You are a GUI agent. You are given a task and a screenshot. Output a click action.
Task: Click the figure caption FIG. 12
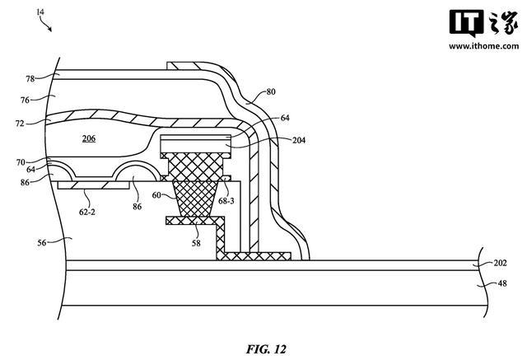point(266,349)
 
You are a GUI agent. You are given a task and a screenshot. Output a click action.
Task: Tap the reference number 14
point(40,12)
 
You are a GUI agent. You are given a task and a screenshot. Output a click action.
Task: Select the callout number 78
point(30,78)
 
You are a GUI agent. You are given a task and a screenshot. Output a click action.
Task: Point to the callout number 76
point(25,100)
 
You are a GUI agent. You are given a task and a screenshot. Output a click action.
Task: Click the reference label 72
point(20,124)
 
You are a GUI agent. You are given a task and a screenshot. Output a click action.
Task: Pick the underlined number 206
point(89,138)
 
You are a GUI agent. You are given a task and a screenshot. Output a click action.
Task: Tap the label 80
point(271,91)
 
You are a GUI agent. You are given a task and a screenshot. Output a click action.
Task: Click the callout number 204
point(299,140)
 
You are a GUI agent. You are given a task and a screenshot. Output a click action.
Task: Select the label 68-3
point(226,201)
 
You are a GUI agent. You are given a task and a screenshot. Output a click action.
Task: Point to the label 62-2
point(87,212)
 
